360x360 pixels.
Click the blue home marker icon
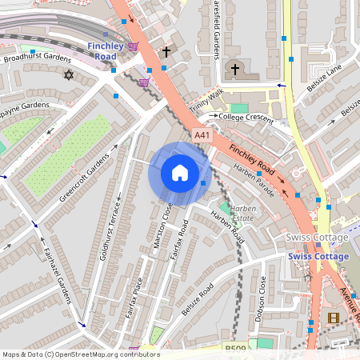[x=180, y=173]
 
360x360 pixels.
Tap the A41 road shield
[x=202, y=137]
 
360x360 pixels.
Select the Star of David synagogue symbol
[x=68, y=75]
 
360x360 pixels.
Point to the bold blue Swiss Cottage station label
[x=318, y=256]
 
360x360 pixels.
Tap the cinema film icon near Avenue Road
[x=333, y=318]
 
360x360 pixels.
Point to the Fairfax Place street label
[x=133, y=298]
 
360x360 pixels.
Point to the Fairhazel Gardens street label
[x=57, y=272]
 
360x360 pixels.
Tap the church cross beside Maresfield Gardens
[x=235, y=69]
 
